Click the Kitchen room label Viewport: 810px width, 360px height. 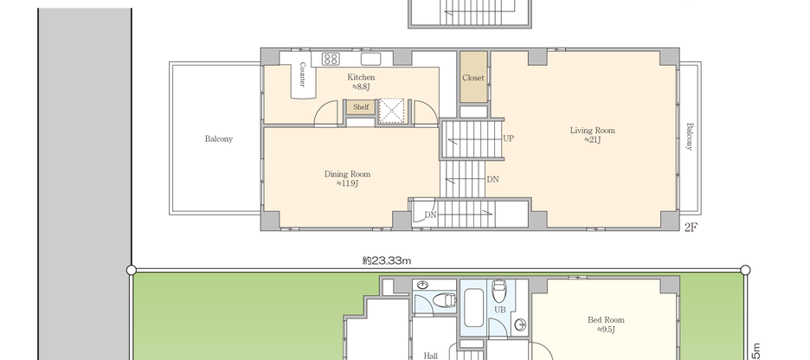tap(362, 77)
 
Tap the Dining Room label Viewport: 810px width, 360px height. tap(347, 174)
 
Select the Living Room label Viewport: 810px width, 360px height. tap(592, 131)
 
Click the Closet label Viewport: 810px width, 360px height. tap(473, 78)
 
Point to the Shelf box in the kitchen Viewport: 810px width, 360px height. tap(360, 107)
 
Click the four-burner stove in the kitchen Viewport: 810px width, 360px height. tap(331, 59)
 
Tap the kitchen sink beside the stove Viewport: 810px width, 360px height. tap(371, 59)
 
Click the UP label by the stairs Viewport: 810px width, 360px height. tap(508, 138)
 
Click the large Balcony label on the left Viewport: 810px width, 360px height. tap(218, 138)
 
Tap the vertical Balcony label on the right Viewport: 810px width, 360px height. tap(690, 136)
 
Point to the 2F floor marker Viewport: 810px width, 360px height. tap(691, 228)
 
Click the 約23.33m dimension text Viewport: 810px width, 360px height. tap(386, 260)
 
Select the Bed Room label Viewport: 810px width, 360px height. tap(606, 320)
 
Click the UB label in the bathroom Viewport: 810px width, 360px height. tap(500, 309)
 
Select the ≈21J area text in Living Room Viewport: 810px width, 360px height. tap(592, 139)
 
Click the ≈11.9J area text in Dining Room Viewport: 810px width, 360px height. tap(347, 183)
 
